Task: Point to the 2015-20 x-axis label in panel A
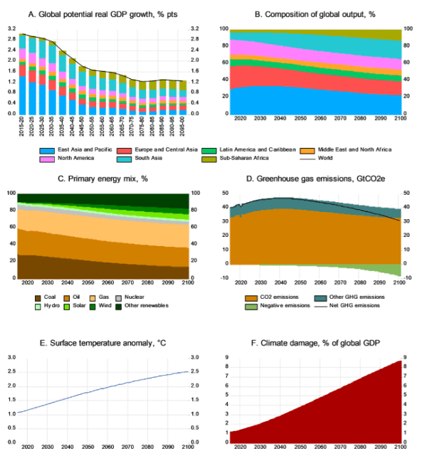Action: coord(23,126)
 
